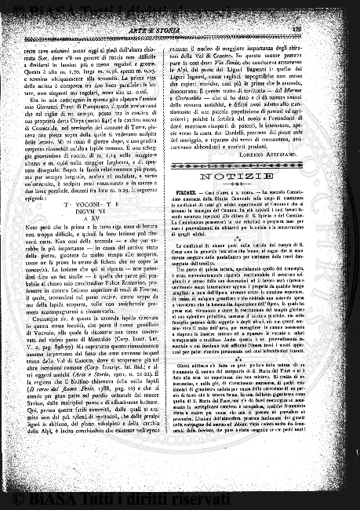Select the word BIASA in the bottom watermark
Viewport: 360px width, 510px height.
click(x=50, y=498)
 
